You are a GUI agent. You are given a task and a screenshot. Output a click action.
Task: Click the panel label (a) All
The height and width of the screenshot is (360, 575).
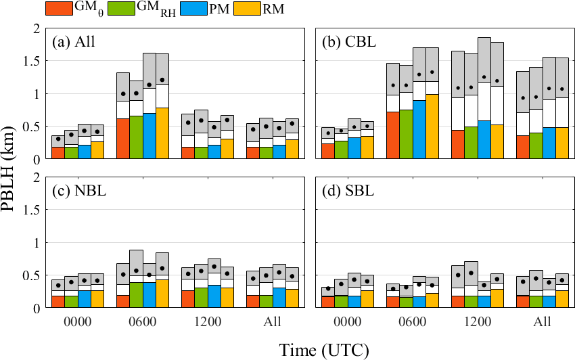tap(74, 41)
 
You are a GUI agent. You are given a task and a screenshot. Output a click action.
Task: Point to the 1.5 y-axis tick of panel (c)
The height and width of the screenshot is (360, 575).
tap(34, 210)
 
